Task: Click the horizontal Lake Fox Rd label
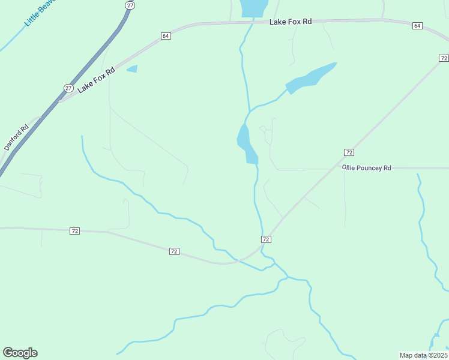point(291,22)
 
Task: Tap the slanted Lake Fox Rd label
point(97,80)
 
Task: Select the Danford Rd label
point(17,137)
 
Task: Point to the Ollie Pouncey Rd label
point(367,168)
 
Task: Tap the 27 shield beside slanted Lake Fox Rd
point(68,88)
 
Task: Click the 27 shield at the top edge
point(130,5)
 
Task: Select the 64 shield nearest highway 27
point(166,37)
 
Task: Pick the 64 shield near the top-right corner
point(417,26)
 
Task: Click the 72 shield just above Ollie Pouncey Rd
point(349,152)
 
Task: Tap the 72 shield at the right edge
point(443,58)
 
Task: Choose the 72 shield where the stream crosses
point(266,239)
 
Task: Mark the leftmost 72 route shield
point(74,231)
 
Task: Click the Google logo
point(20,353)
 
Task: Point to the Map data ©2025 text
point(423,355)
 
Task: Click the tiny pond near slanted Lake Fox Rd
point(132,69)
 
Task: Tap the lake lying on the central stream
point(246,145)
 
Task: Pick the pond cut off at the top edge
point(253,7)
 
